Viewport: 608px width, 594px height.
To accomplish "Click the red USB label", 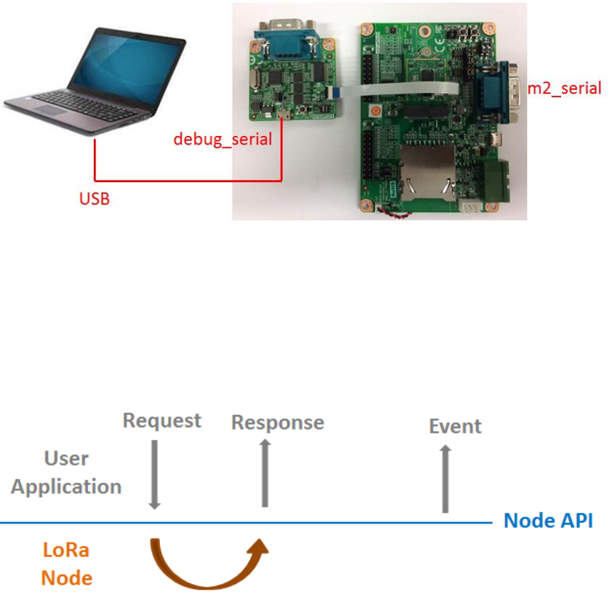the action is click(x=94, y=199).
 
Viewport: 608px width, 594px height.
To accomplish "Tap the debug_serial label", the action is click(x=222, y=139).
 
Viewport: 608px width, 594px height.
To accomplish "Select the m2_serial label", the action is click(x=564, y=88).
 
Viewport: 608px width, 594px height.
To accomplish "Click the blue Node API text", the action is click(x=548, y=520).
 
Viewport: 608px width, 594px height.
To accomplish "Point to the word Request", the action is click(x=162, y=421).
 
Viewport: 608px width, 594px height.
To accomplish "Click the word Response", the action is click(x=278, y=423).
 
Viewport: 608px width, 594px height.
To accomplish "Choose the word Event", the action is click(x=455, y=427).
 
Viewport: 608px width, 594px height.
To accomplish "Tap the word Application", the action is click(x=66, y=488).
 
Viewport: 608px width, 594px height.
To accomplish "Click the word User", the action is click(x=66, y=458).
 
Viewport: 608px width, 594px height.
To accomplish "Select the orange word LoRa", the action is click(x=66, y=550).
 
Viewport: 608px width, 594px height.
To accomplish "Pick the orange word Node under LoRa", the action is click(x=67, y=578).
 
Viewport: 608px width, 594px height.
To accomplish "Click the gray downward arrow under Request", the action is click(x=154, y=475).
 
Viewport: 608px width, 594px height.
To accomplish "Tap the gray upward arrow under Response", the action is click(x=265, y=473).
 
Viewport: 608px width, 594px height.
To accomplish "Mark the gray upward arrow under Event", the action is click(x=445, y=479).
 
